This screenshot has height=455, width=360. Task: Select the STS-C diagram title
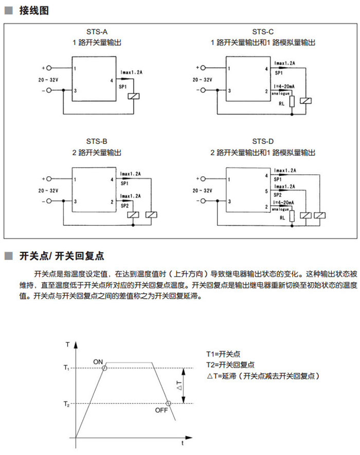(x=263, y=32)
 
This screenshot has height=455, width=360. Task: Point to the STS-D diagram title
(x=263, y=141)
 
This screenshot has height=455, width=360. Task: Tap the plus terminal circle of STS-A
(x=49, y=68)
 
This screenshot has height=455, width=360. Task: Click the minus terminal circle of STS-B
(x=49, y=201)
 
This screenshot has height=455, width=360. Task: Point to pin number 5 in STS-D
(x=266, y=191)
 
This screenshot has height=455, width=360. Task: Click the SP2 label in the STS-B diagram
(x=124, y=206)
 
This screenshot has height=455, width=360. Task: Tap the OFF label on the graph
(x=161, y=410)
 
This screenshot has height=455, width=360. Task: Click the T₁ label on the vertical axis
(x=66, y=368)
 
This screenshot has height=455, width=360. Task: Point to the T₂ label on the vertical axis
(x=66, y=404)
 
